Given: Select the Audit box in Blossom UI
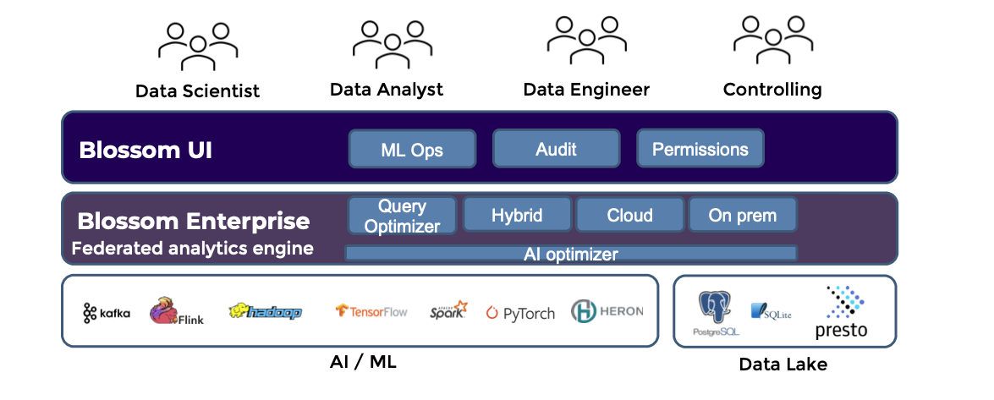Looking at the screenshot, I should click(556, 149).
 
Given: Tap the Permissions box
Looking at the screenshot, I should click(700, 149).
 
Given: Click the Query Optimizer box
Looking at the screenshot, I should click(402, 216).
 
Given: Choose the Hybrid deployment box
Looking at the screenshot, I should click(517, 215).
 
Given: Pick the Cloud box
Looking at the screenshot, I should click(629, 215).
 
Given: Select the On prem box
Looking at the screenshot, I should click(742, 215).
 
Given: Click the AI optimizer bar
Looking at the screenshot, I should click(571, 254).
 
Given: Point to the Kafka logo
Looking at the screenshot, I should click(107, 313).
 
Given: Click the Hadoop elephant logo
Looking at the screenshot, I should click(265, 311).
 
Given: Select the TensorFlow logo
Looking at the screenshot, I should click(371, 311).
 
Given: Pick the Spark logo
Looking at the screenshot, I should click(448, 310).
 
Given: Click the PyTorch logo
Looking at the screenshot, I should click(520, 313).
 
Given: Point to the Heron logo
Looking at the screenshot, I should click(607, 311).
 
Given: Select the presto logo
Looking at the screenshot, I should click(841, 312).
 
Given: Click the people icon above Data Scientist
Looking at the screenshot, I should click(197, 46).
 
